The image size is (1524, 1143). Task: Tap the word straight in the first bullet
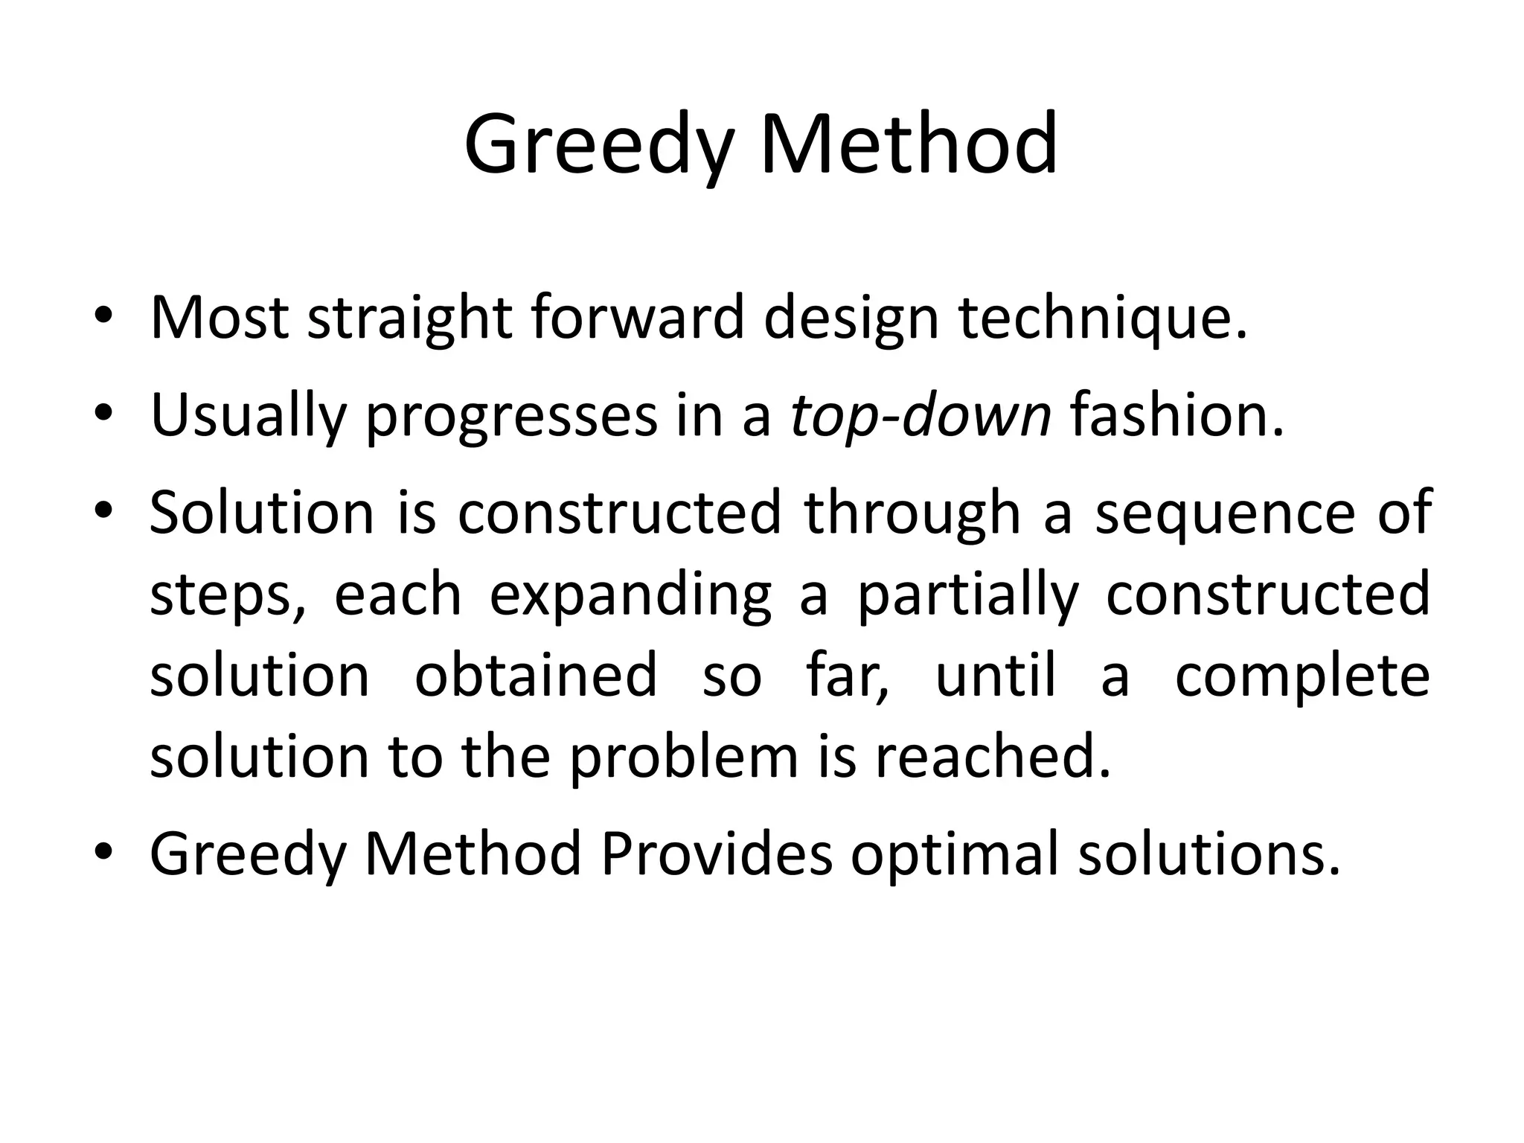pos(409,318)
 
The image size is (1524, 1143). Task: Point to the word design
pos(851,318)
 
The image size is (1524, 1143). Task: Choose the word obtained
pos(536,676)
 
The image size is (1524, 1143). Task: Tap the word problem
pos(684,758)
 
